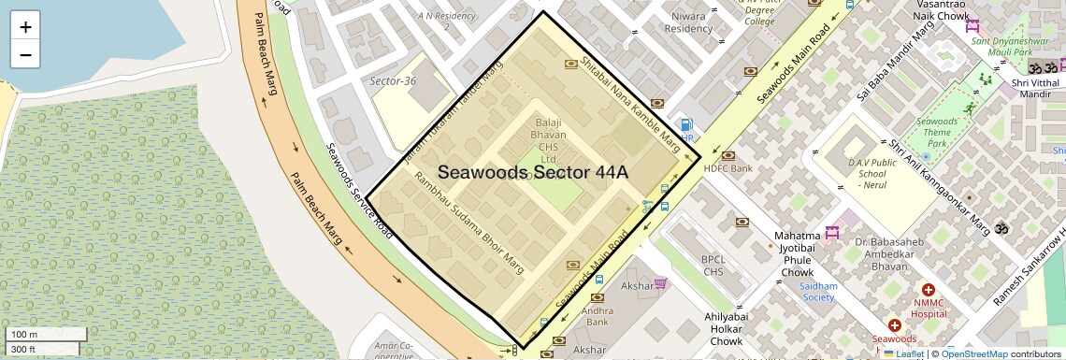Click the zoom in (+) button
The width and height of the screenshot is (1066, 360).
tap(25, 27)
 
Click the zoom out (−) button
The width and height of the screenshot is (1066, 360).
tap(25, 55)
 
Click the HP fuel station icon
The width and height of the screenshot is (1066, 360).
tap(687, 125)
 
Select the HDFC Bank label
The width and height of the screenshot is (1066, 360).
tap(727, 169)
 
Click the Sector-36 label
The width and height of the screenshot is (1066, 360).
tap(393, 81)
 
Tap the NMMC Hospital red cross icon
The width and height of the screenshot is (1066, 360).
tap(929, 291)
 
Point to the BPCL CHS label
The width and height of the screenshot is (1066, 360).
tap(714, 266)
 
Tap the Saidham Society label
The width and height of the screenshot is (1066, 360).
tap(817, 292)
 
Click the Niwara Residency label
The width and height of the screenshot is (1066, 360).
tap(688, 22)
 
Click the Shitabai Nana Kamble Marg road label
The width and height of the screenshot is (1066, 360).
tap(630, 104)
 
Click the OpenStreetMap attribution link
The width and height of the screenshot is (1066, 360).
tap(974, 353)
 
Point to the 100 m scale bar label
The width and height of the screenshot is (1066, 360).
tap(24, 335)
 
